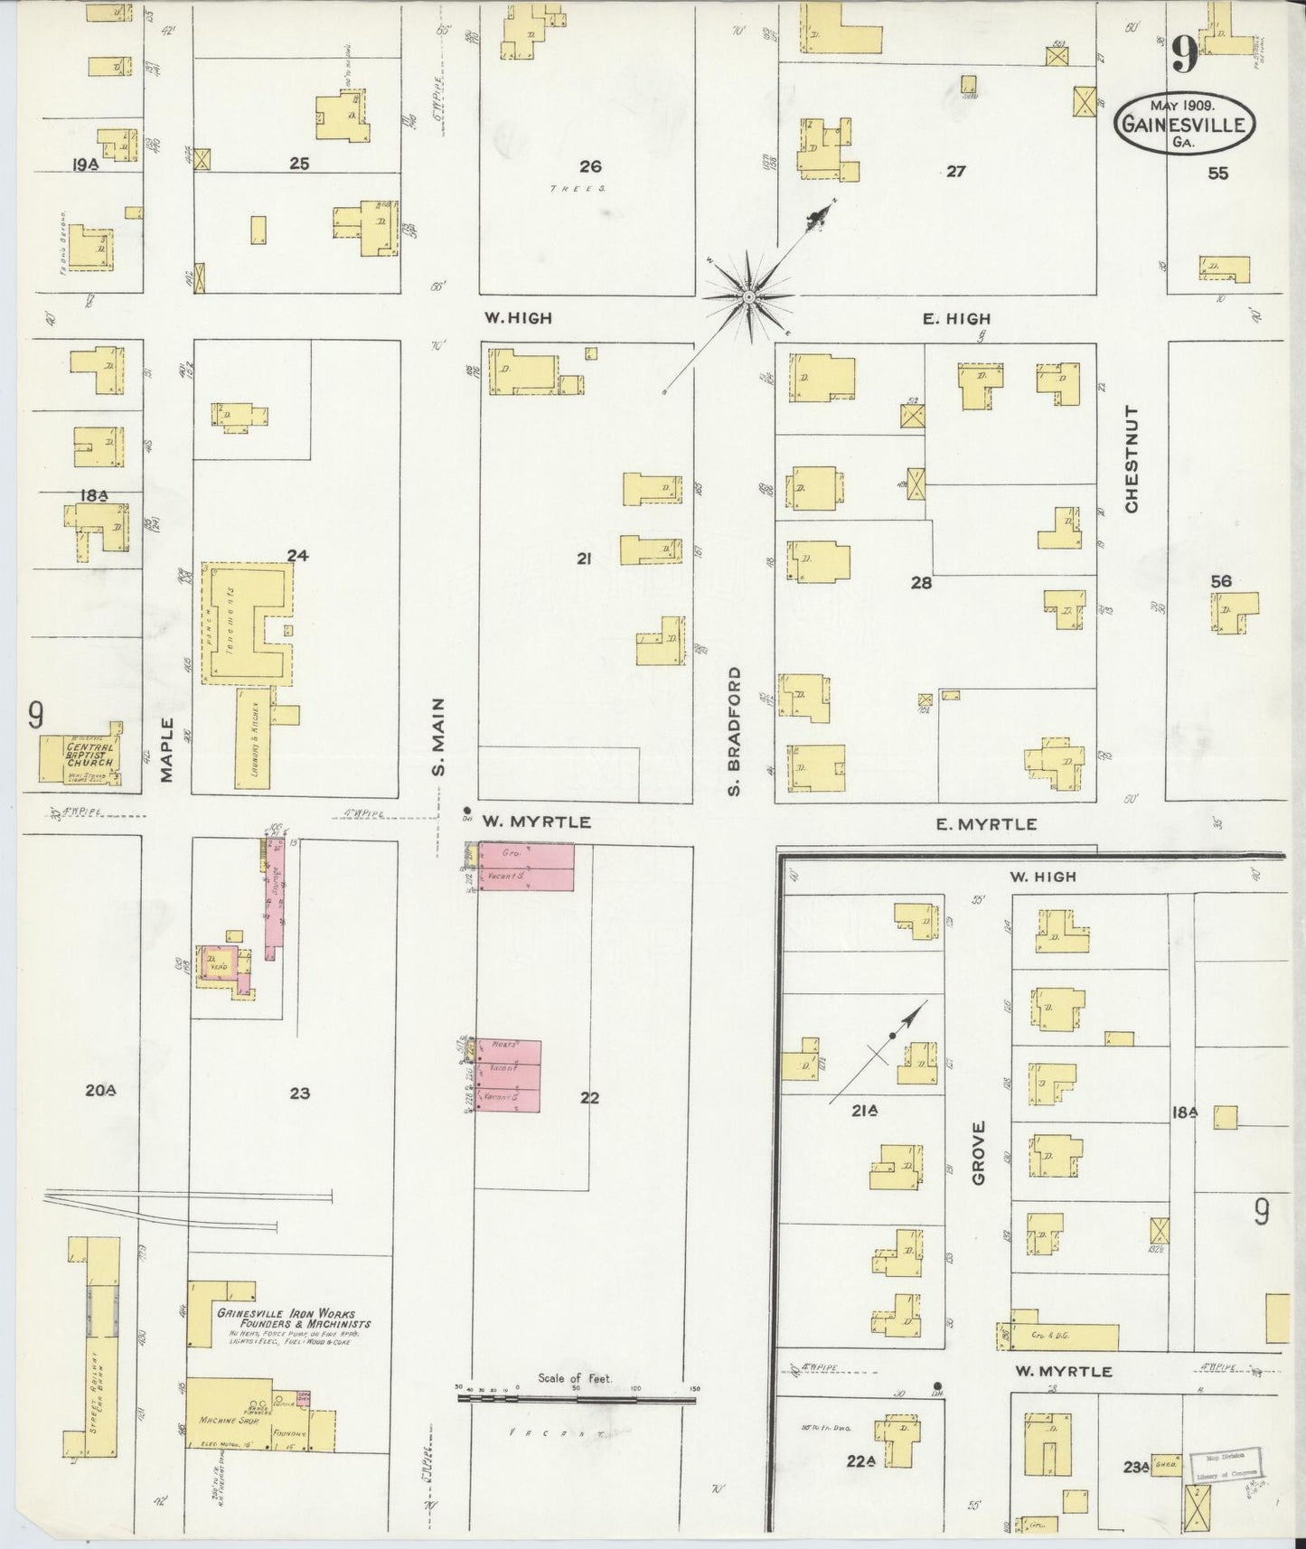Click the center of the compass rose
click(749, 296)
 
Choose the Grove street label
click(978, 1152)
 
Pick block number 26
click(590, 166)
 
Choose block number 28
click(921, 583)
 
